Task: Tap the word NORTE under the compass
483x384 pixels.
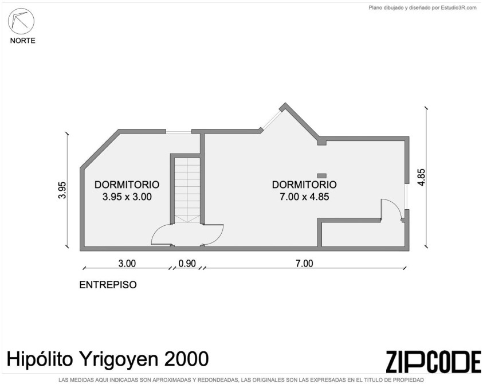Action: click(x=23, y=41)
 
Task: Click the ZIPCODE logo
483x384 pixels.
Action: click(x=433, y=362)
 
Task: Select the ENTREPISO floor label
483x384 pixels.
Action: click(x=108, y=284)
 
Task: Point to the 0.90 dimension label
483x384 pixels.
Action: click(x=187, y=264)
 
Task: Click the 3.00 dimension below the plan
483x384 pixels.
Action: click(x=127, y=264)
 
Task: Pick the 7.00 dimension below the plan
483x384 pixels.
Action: click(x=304, y=264)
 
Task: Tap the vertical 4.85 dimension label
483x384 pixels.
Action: click(x=421, y=177)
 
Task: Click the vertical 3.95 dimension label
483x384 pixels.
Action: click(x=62, y=190)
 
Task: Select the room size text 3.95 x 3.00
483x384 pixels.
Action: click(x=127, y=197)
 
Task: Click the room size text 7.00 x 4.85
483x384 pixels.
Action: click(x=304, y=197)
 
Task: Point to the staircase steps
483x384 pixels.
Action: click(x=187, y=190)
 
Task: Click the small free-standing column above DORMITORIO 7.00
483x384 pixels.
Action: click(x=322, y=176)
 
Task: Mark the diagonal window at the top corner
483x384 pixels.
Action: click(x=272, y=119)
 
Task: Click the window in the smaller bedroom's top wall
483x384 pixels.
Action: click(x=179, y=132)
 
